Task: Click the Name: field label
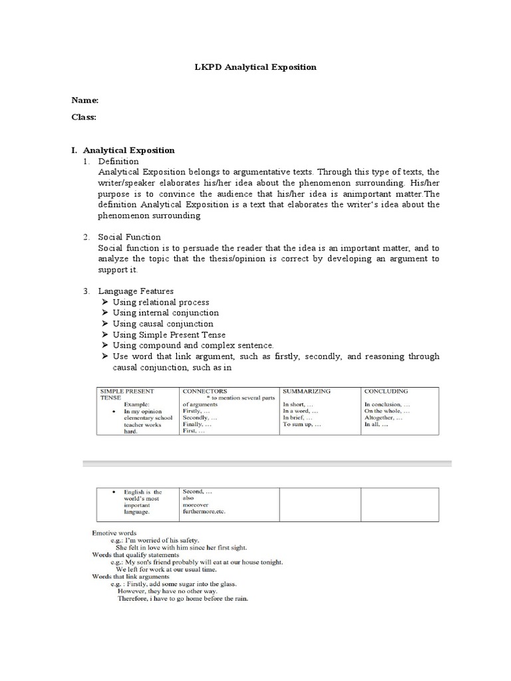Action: pos(85,100)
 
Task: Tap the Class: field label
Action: pos(84,117)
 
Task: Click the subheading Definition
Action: pos(118,161)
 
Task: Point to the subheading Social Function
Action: pos(129,237)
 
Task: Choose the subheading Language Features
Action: pos(136,291)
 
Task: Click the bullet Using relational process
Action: pos(160,302)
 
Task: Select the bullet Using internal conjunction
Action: pos(165,313)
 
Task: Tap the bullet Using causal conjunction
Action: pos(162,324)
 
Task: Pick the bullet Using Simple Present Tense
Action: pos(169,335)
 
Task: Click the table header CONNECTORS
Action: pos(204,391)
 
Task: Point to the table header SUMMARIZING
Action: pos(306,391)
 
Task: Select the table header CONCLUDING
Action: pos(386,391)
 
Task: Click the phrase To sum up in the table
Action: pos(301,424)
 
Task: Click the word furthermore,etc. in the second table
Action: pos(206,513)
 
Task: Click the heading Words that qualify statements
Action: pos(136,555)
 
